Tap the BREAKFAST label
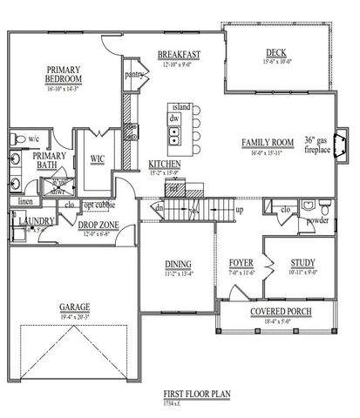click(180, 56)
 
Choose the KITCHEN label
click(164, 164)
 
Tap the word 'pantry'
click(133, 75)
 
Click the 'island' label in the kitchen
click(180, 106)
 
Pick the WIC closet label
click(98, 158)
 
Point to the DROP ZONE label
click(98, 225)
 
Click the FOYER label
click(241, 262)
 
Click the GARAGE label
click(75, 307)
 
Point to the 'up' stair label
click(240, 210)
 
